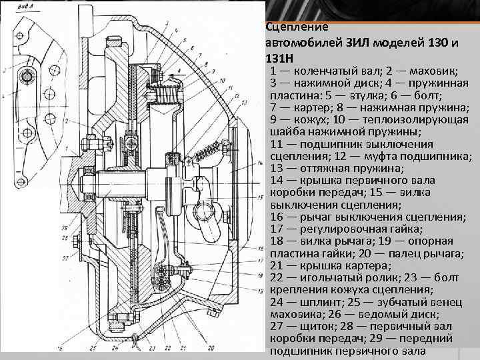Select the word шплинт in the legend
tap(316, 302)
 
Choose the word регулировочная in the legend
tap(340, 229)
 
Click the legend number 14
tap(277, 181)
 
